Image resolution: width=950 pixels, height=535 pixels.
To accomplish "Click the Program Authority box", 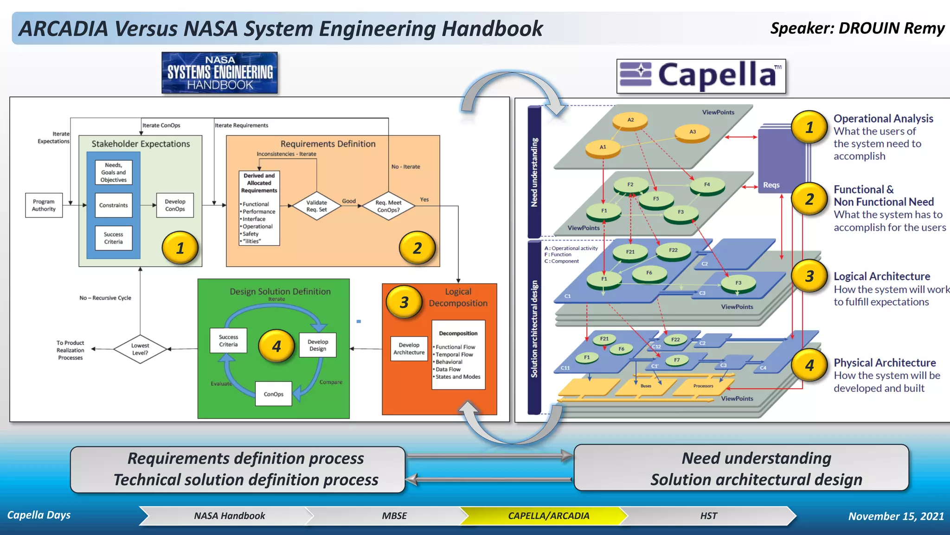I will [x=44, y=205].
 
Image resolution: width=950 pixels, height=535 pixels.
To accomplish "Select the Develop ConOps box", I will [x=175, y=205].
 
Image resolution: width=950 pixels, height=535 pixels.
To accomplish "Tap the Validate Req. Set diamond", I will [x=316, y=206].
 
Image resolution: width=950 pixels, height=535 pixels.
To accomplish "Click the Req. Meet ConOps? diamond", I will [x=388, y=206].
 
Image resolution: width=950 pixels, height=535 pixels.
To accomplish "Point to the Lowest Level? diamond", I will [x=140, y=349].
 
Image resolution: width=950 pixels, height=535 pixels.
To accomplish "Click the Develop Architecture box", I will [x=409, y=349].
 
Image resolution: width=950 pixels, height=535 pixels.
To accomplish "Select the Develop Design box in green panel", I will [x=318, y=345].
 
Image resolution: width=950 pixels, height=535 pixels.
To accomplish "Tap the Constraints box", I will [x=113, y=205].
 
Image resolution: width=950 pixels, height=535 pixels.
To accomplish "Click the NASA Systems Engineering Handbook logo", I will [x=219, y=73].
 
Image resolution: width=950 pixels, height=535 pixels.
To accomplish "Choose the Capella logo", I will [x=701, y=76].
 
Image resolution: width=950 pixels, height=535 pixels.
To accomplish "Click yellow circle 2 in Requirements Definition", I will [x=417, y=248].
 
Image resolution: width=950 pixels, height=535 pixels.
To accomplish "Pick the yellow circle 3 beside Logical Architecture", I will [x=809, y=276].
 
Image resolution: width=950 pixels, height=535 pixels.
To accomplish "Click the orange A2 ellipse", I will [x=630, y=121].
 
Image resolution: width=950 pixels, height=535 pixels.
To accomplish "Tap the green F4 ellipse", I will [x=706, y=185].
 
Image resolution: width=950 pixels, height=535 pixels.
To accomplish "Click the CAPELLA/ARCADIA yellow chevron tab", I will [x=548, y=516].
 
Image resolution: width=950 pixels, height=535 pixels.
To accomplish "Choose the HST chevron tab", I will [x=708, y=516].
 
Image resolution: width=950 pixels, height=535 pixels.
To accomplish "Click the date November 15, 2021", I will [x=896, y=516].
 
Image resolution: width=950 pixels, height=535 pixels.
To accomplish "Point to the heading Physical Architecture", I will [x=885, y=363].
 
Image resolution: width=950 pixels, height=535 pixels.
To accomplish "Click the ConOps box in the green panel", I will [x=273, y=394].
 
